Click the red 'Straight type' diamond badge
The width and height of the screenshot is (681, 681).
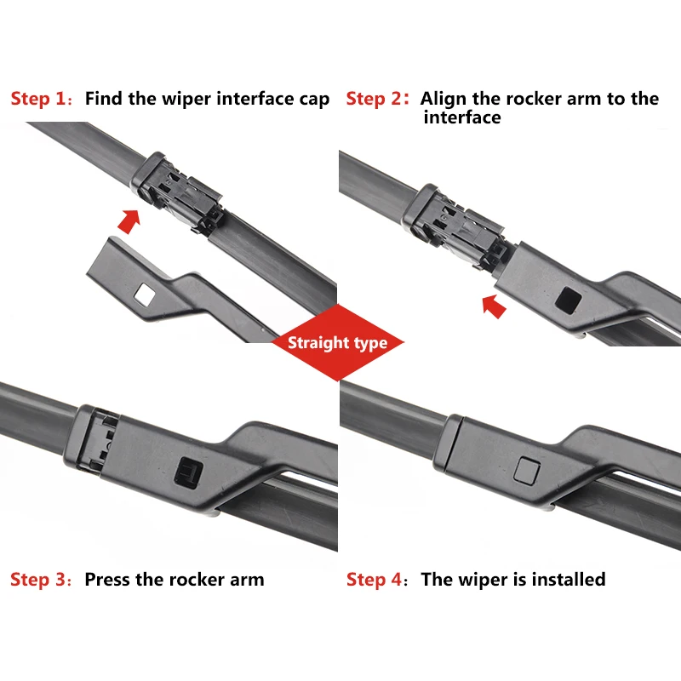click(x=338, y=343)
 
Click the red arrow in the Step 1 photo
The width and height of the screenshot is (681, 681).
click(x=129, y=220)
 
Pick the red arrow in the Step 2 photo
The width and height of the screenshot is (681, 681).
click(x=494, y=306)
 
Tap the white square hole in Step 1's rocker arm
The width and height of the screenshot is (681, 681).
click(x=145, y=295)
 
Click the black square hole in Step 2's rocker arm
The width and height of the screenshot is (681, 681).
click(x=569, y=300)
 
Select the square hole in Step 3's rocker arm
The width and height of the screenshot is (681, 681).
click(x=188, y=472)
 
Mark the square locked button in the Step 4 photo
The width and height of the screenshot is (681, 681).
click(x=527, y=470)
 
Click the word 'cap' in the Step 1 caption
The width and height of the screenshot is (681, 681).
click(x=314, y=100)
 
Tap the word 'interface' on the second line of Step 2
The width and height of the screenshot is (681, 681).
click(x=462, y=117)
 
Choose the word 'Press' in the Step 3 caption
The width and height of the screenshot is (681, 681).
click(x=107, y=580)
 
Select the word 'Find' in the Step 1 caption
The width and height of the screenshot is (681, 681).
click(x=104, y=99)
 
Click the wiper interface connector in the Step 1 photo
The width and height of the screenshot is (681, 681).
click(x=177, y=191)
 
